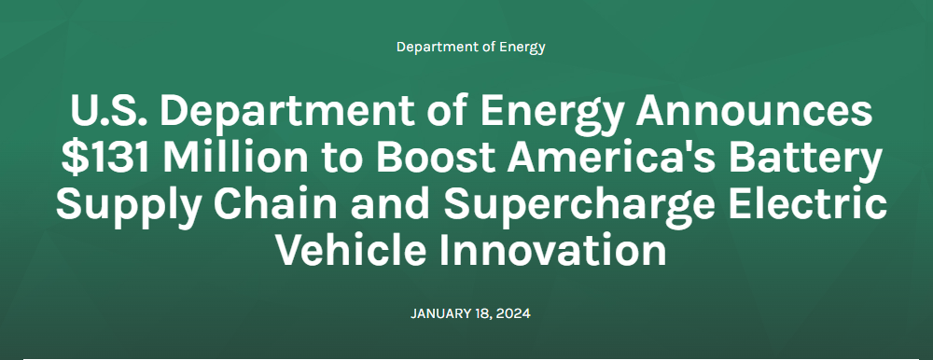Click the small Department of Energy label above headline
470,47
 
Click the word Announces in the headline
754,112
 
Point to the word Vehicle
351,250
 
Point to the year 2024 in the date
511,313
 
